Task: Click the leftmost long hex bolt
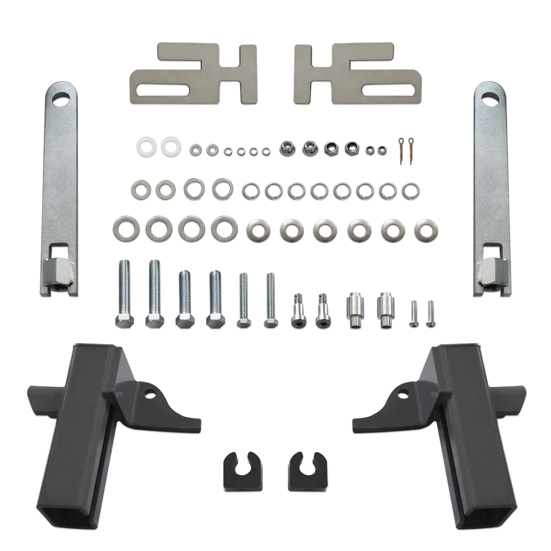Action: coord(123,293)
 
